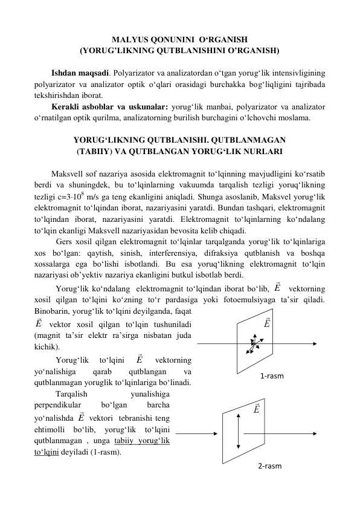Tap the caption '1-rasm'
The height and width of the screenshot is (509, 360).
272,376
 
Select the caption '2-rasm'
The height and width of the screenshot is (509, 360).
269,466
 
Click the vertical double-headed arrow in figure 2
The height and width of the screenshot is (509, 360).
240,432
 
